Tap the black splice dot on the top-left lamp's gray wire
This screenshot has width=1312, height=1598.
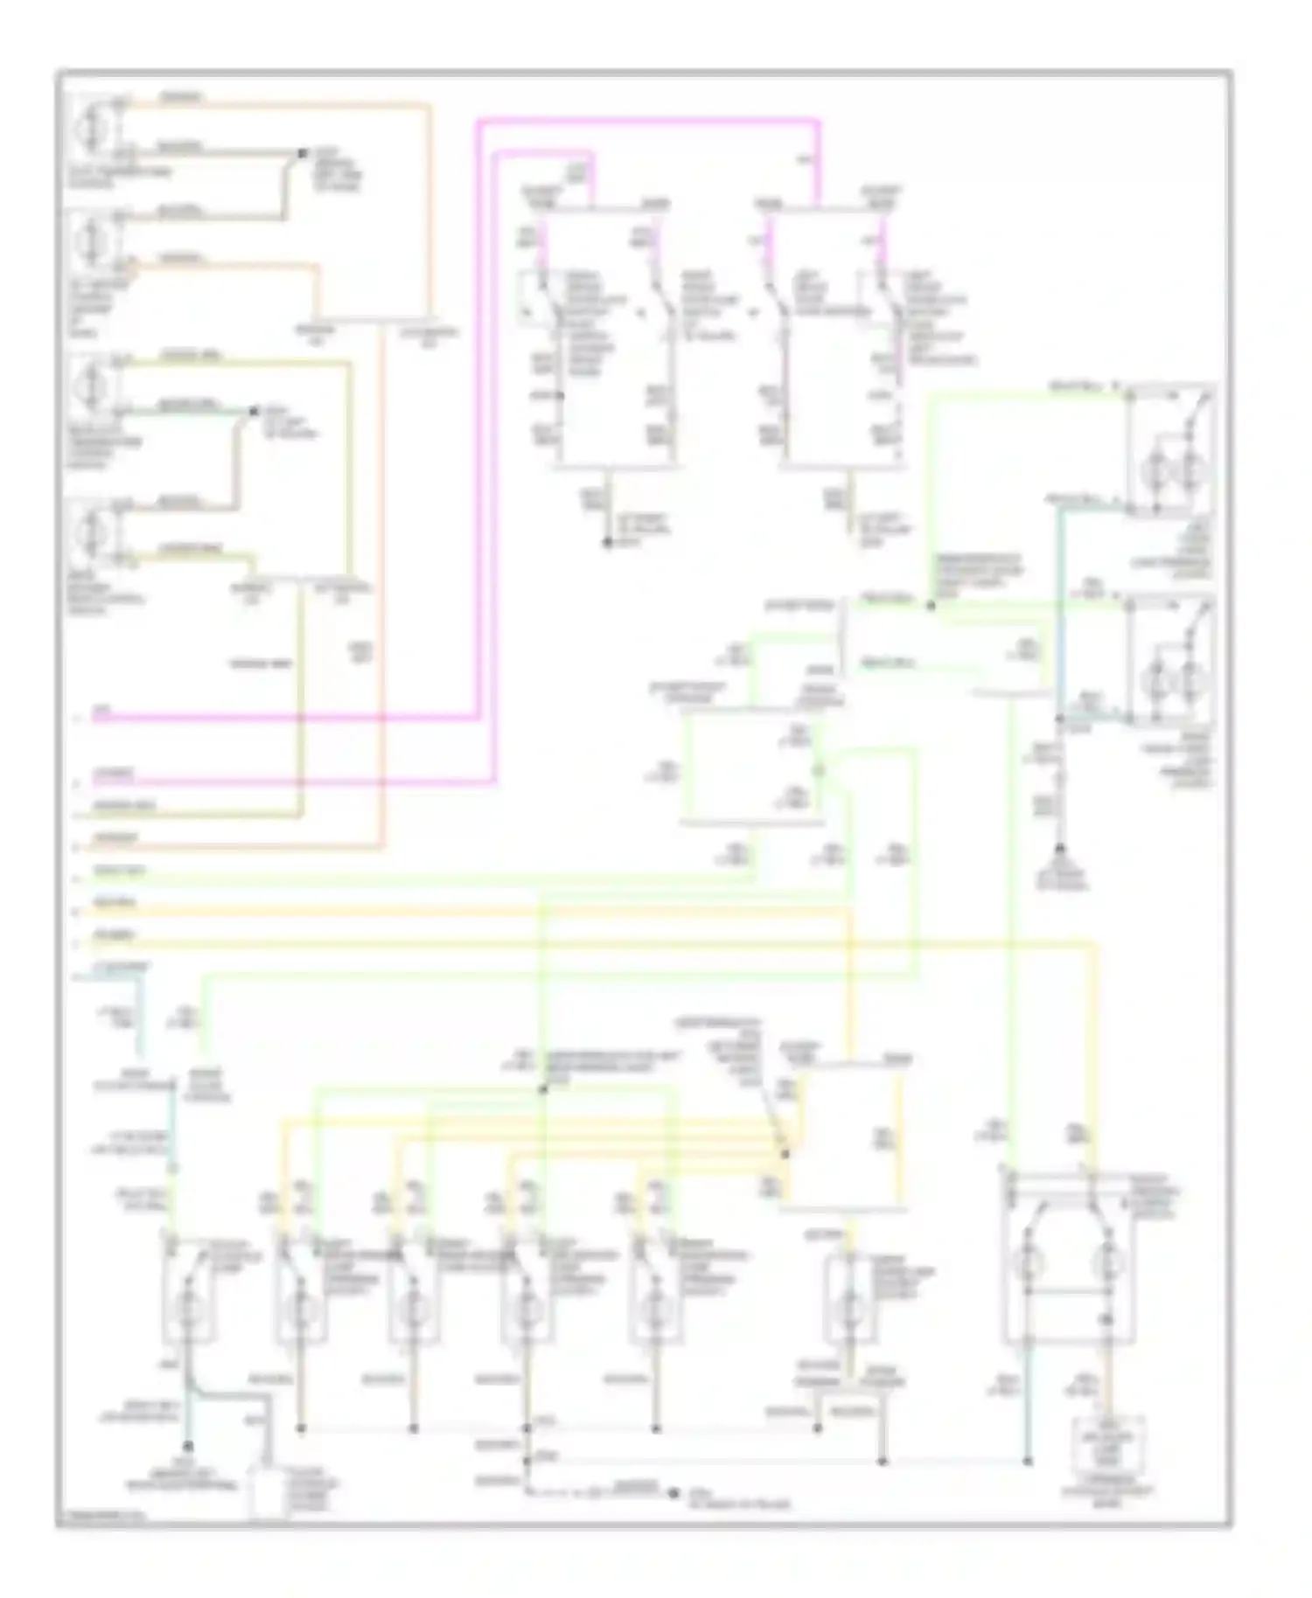(x=302, y=153)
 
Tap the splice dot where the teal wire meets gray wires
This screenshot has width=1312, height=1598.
(x=254, y=411)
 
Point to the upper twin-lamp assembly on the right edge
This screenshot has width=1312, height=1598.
(x=1172, y=450)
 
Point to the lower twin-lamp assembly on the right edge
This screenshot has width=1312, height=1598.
(x=1172, y=660)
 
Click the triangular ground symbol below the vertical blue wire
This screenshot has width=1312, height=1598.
(x=1060, y=850)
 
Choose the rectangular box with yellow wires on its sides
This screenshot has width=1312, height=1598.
(x=841, y=1136)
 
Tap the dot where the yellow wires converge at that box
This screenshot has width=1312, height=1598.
(x=785, y=1154)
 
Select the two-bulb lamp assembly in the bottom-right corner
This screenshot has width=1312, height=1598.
(x=1069, y=1259)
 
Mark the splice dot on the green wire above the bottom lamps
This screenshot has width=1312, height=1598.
(x=542, y=1089)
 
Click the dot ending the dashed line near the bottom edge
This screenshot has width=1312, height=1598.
(x=673, y=1493)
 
